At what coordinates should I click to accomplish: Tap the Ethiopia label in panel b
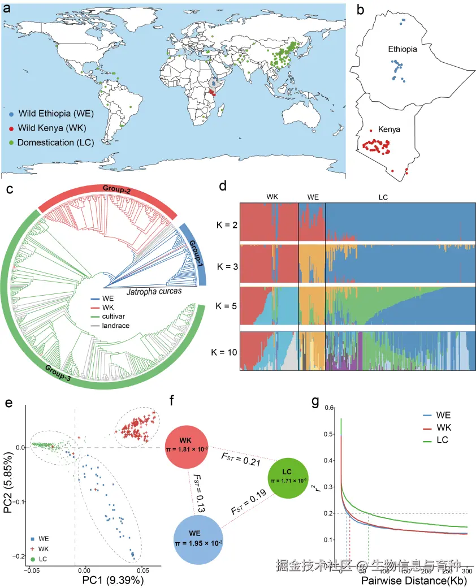403,50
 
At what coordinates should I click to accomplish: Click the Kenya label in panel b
390,129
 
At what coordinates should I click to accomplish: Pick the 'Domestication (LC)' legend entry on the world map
55,142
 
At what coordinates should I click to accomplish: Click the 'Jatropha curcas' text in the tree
154,292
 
